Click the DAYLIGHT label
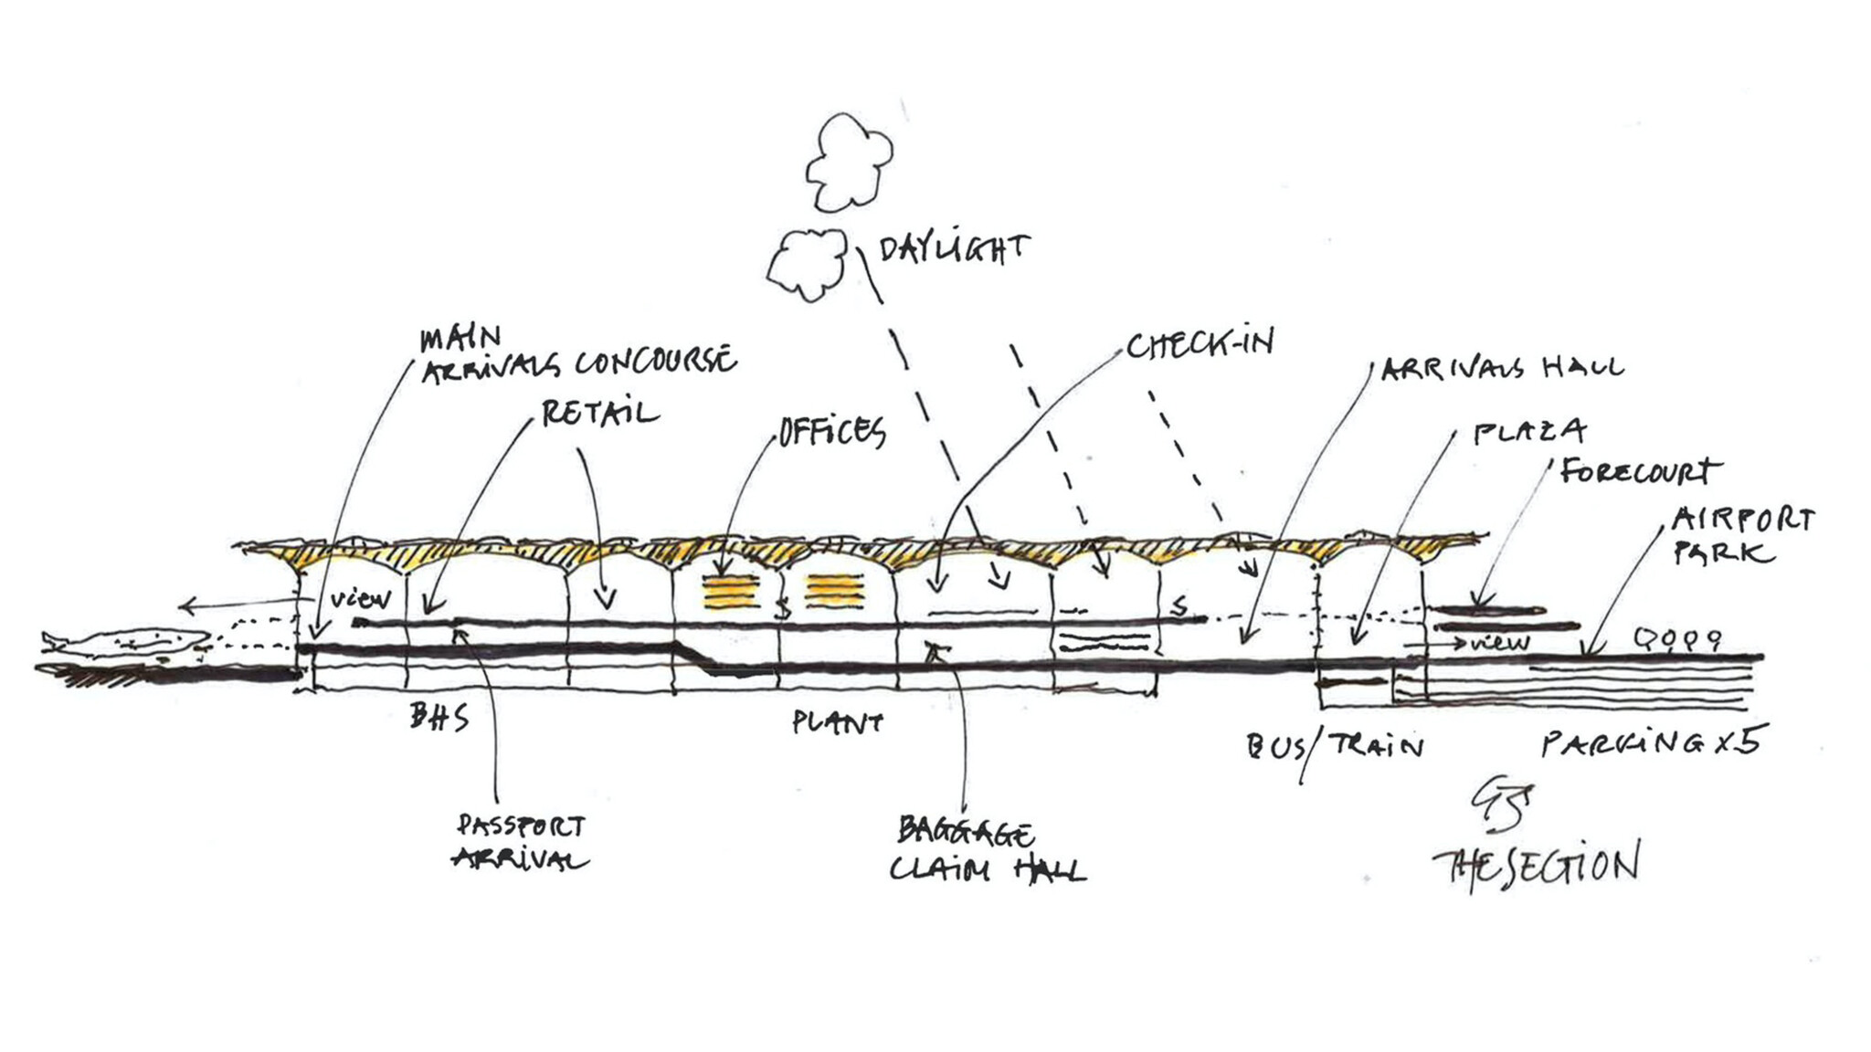953,248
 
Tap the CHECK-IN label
1199,345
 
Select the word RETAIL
599,413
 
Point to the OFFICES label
831,431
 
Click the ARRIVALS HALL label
1502,368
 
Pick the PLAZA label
1529,431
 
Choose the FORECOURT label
1640,472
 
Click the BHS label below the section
439,719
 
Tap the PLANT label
837,723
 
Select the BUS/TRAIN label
1335,748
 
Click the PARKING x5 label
1649,743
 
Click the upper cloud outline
848,163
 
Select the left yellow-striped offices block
731,591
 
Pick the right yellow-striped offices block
834,591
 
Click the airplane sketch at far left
128,644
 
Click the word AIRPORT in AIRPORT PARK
1741,521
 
